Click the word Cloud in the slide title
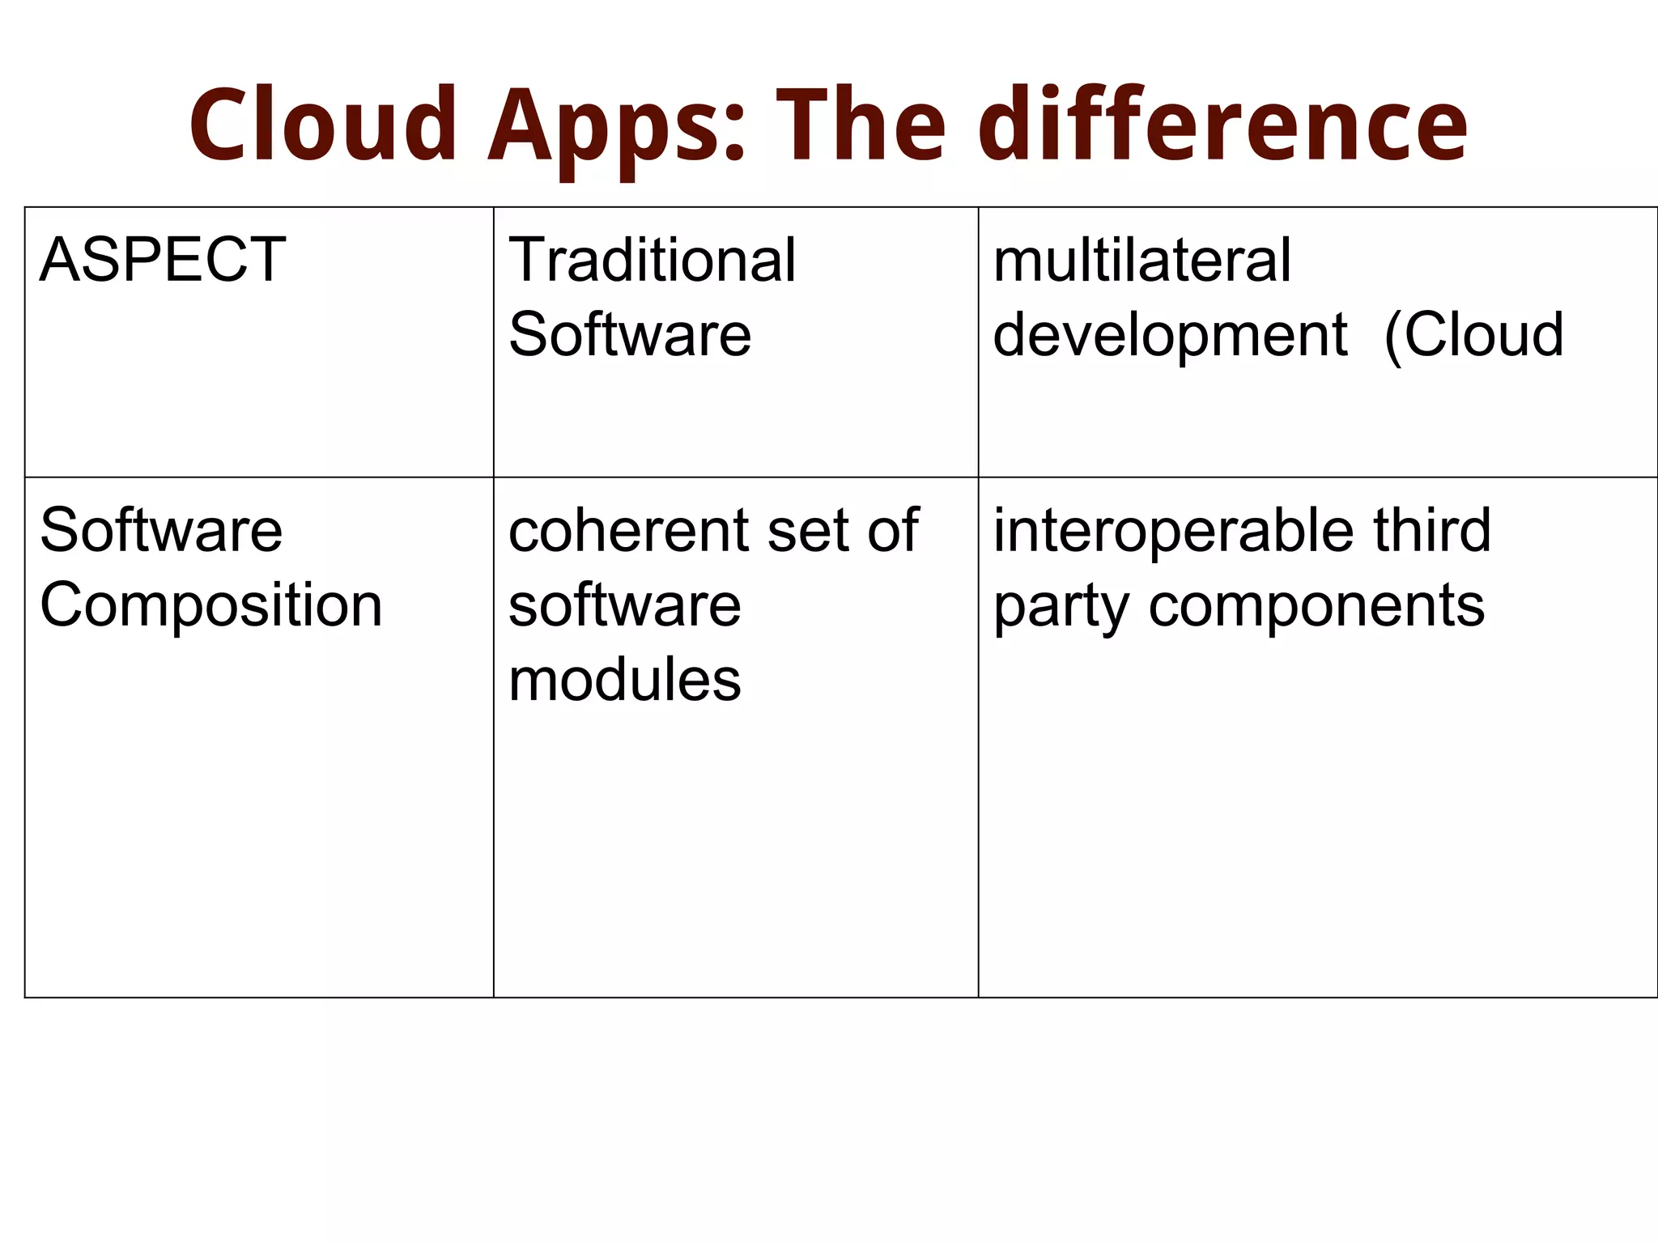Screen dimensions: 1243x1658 324,125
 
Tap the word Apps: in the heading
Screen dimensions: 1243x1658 615,129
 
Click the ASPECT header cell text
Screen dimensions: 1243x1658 163,260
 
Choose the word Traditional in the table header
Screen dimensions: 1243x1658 653,260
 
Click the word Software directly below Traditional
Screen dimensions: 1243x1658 630,334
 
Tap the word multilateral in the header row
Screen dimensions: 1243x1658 1141,260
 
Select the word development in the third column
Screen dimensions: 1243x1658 1170,336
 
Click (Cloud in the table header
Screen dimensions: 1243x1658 1474,334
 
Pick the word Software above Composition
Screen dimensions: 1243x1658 161,530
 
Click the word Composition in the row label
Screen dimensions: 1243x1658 210,605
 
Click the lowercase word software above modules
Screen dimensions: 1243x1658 624,605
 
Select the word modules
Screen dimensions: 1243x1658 624,680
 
